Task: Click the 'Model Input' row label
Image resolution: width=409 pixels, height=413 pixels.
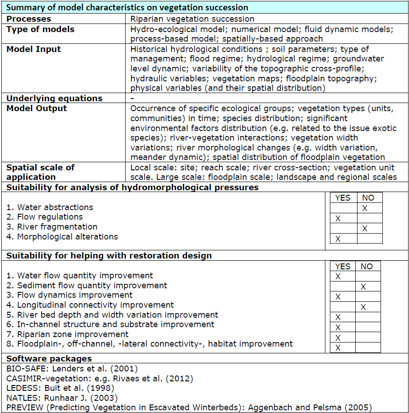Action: pyautogui.click(x=33, y=49)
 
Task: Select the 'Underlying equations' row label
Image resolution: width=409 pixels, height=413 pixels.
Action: pyautogui.click(x=54, y=98)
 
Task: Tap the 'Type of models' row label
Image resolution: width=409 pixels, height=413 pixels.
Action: pyautogui.click(x=40, y=29)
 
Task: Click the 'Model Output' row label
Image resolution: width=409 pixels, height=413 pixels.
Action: pyautogui.click(x=37, y=108)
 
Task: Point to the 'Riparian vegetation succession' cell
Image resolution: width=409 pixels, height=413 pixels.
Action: pyautogui.click(x=192, y=19)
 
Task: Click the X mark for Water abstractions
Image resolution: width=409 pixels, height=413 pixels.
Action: pyautogui.click(x=365, y=208)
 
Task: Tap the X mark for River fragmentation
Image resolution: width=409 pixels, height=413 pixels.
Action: pyautogui.click(x=365, y=229)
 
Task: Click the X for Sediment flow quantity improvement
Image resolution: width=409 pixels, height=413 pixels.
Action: pyautogui.click(x=363, y=286)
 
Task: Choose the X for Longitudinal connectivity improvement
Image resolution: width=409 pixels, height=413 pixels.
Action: pyautogui.click(x=363, y=307)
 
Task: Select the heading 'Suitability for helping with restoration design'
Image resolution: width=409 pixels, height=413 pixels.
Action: pyautogui.click(x=108, y=256)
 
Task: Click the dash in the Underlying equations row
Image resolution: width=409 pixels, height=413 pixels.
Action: pyautogui.click(x=132, y=98)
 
